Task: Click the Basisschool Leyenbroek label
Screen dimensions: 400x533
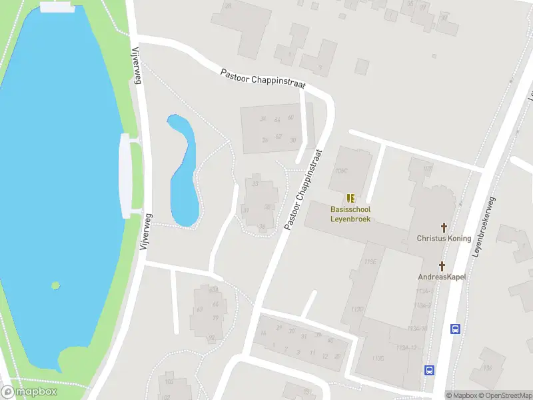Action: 350,214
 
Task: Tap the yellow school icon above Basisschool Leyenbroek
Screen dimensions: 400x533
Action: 350,198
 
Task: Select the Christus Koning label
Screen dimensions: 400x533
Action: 444,238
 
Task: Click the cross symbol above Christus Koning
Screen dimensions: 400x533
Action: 444,227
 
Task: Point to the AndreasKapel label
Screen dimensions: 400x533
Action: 442,277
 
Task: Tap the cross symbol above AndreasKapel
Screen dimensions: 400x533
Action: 442,265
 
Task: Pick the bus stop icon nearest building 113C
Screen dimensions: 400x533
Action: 430,370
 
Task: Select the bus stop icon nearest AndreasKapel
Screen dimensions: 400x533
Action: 456,328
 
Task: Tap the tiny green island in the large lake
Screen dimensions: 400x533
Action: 55,285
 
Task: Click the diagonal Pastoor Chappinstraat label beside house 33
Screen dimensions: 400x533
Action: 304,190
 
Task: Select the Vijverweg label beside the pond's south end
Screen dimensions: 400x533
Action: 146,231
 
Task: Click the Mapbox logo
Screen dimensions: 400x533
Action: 29,392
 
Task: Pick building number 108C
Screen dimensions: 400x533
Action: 342,171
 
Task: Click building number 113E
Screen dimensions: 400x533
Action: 370,261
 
